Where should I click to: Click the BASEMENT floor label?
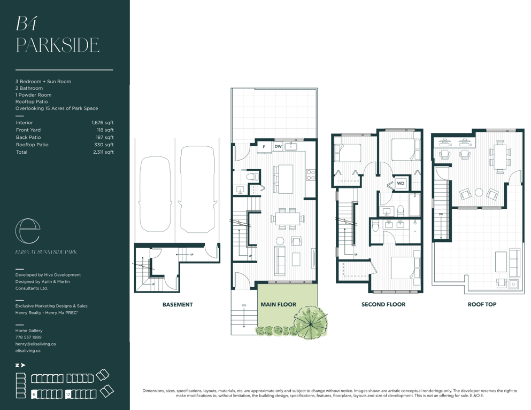(178, 304)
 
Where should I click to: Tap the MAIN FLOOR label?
(279, 304)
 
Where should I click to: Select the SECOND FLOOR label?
(383, 304)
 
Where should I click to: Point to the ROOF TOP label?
(482, 304)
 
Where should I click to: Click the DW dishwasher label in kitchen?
(278, 147)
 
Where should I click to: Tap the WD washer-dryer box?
(401, 183)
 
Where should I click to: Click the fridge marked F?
(264, 147)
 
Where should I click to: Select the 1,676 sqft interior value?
(103, 123)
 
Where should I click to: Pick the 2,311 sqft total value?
(103, 152)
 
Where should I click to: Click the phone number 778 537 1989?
(28, 337)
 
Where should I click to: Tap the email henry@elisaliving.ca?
(35, 344)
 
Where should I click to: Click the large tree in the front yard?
(311, 322)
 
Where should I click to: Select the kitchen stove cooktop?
(311, 175)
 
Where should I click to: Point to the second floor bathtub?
(415, 205)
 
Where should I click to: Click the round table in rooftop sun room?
(479, 192)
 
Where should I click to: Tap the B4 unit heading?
(26, 23)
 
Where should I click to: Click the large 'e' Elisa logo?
(28, 231)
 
